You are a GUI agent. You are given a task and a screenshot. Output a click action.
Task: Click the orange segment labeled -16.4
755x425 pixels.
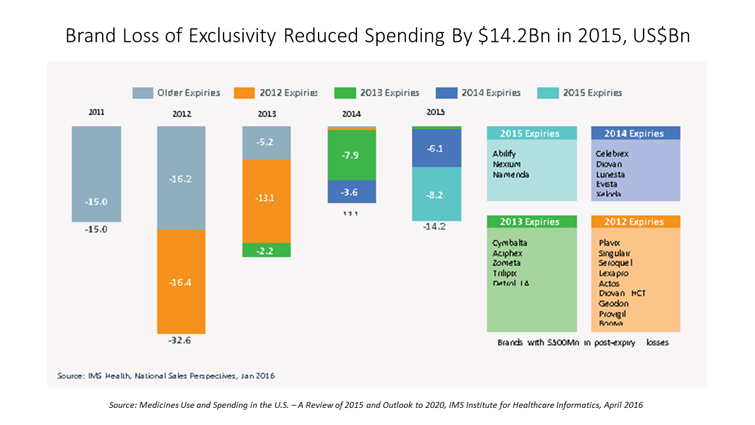(x=181, y=282)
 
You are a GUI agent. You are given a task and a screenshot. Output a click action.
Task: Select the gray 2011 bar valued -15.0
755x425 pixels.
(x=96, y=174)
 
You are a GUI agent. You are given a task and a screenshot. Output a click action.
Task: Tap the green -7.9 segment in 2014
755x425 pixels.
(x=352, y=155)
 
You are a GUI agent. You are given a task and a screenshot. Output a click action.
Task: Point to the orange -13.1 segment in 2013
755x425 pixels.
(x=267, y=201)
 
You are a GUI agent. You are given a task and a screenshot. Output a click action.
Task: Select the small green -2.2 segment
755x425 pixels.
(x=267, y=250)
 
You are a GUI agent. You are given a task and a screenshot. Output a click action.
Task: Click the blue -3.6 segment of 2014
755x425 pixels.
(x=352, y=192)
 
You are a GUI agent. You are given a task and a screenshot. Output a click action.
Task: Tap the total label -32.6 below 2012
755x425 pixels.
(x=181, y=341)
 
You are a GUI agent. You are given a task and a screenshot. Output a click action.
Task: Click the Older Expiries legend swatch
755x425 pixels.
(x=142, y=93)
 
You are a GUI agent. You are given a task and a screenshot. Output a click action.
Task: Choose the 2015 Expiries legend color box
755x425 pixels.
(x=547, y=93)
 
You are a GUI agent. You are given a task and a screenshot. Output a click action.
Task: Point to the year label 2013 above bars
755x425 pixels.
(x=267, y=114)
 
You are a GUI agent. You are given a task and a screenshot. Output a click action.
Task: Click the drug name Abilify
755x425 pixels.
(x=504, y=153)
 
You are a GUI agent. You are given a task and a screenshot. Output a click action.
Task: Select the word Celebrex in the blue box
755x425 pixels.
(x=612, y=153)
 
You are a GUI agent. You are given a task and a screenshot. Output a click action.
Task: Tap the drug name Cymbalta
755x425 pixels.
(x=510, y=243)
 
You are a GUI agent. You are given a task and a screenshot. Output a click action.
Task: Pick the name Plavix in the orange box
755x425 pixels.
(x=609, y=243)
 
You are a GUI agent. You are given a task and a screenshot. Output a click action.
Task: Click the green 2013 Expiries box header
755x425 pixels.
(x=531, y=222)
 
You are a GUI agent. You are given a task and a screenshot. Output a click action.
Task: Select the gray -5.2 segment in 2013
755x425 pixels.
(x=267, y=142)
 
